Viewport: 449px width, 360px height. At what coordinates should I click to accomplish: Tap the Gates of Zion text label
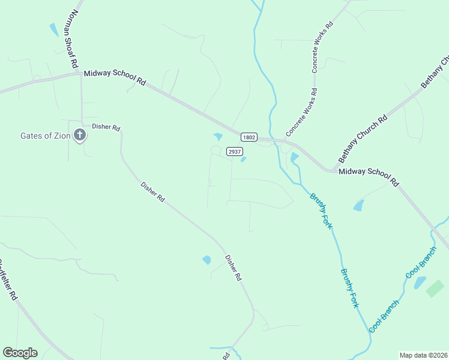pyautogui.click(x=45, y=136)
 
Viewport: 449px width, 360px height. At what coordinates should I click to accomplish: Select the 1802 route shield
pyautogui.click(x=250, y=137)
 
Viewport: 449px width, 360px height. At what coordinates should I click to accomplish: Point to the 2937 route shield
pyautogui.click(x=235, y=152)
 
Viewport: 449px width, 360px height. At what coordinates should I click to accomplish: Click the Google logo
pyautogui.click(x=20, y=353)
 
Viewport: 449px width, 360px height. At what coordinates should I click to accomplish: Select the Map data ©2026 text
pyautogui.click(x=424, y=355)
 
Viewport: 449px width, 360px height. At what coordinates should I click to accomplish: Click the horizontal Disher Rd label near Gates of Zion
pyautogui.click(x=106, y=128)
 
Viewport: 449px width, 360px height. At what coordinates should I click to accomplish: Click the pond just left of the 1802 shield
pyautogui.click(x=218, y=137)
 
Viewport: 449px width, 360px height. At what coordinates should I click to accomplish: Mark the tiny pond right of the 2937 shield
pyautogui.click(x=243, y=160)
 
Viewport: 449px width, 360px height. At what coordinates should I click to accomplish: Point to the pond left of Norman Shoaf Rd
pyautogui.click(x=54, y=29)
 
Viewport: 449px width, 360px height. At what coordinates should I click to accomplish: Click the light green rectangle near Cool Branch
pyautogui.click(x=435, y=288)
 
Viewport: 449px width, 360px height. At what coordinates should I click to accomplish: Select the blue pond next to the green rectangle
pyautogui.click(x=420, y=283)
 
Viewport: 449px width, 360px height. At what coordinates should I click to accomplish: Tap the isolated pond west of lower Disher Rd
pyautogui.click(x=206, y=260)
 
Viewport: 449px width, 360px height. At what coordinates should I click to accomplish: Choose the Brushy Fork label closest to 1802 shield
pyautogui.click(x=321, y=211)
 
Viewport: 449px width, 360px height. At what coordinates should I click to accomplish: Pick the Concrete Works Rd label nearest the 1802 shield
pyautogui.click(x=301, y=112)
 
